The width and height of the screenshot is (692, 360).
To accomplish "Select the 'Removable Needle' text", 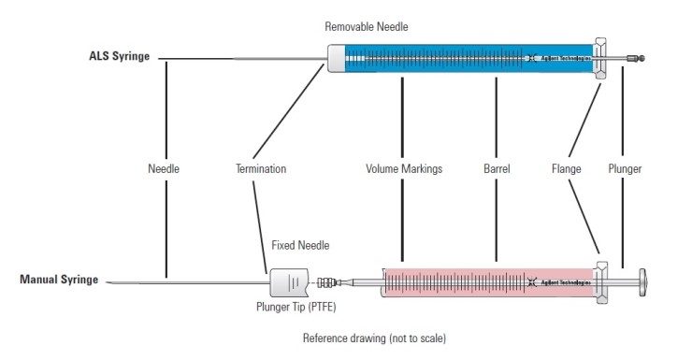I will [x=367, y=27].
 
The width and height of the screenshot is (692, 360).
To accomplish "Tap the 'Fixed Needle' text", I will [x=295, y=245].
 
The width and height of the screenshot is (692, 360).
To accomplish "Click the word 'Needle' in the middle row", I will [x=164, y=169].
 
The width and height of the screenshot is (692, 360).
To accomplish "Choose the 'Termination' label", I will [x=261, y=169].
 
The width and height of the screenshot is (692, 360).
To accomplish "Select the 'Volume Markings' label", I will [x=403, y=169].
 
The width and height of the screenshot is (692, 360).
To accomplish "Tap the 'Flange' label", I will [x=567, y=169].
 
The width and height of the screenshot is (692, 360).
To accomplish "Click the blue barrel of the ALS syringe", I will [x=449, y=58].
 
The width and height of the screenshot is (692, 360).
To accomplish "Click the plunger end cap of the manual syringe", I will [x=642, y=281].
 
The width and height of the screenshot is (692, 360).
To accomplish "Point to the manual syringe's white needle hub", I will [x=284, y=281].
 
